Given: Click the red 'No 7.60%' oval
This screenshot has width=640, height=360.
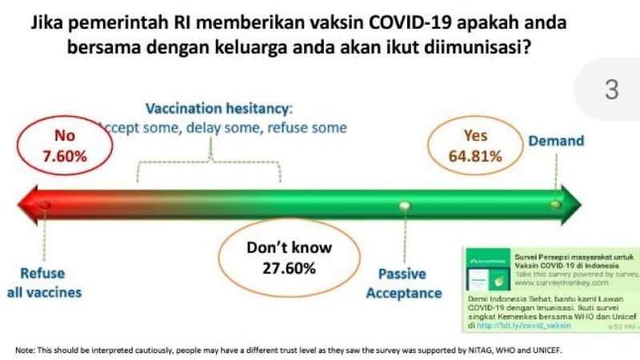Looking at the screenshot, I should click(69, 145).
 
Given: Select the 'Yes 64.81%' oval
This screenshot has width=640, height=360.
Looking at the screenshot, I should click(475, 146).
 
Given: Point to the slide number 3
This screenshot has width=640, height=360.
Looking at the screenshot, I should click(612, 90).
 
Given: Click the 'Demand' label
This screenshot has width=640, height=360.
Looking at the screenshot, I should click(556, 141).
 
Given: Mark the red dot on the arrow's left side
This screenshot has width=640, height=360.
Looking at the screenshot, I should click(45, 206).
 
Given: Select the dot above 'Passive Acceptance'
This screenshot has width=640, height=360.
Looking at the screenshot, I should click(404, 206).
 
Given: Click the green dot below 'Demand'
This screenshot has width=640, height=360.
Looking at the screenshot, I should click(554, 206).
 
